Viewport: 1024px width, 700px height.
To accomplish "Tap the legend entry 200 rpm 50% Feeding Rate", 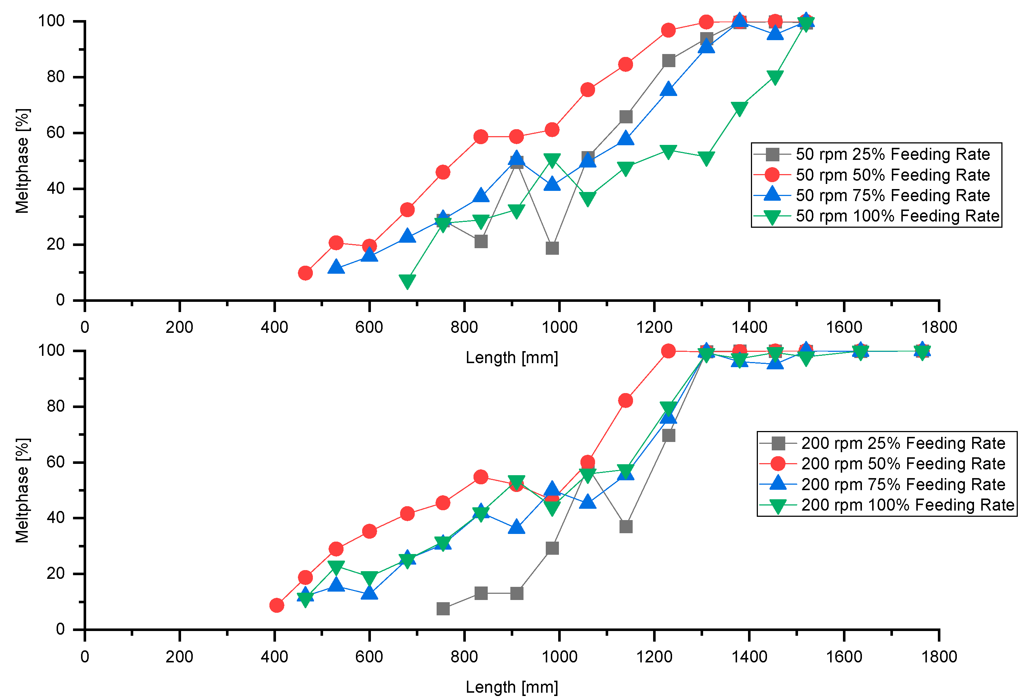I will tap(903, 464).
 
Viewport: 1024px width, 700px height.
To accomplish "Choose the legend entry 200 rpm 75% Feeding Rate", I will tap(903, 485).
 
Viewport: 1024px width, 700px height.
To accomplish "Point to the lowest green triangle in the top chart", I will tap(407, 281).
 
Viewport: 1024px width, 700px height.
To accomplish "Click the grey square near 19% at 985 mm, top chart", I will tap(552, 248).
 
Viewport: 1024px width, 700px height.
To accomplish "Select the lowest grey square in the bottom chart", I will tap(443, 609).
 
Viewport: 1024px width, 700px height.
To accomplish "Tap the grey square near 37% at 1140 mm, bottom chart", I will tap(626, 526).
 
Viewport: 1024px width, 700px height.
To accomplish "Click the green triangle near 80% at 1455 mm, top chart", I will tap(775, 77).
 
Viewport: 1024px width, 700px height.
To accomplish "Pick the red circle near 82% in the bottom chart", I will tap(626, 400).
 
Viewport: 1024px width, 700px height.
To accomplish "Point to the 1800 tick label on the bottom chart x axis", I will tap(939, 657).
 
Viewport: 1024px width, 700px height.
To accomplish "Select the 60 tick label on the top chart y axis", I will tap(55, 132).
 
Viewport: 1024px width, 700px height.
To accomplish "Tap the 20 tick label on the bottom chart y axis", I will tap(55, 574).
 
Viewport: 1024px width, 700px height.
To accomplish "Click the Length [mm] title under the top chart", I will tap(511, 358).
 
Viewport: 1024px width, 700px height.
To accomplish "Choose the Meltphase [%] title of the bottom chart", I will tap(22, 490).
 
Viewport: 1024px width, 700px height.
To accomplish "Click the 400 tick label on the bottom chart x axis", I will tap(274, 657).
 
